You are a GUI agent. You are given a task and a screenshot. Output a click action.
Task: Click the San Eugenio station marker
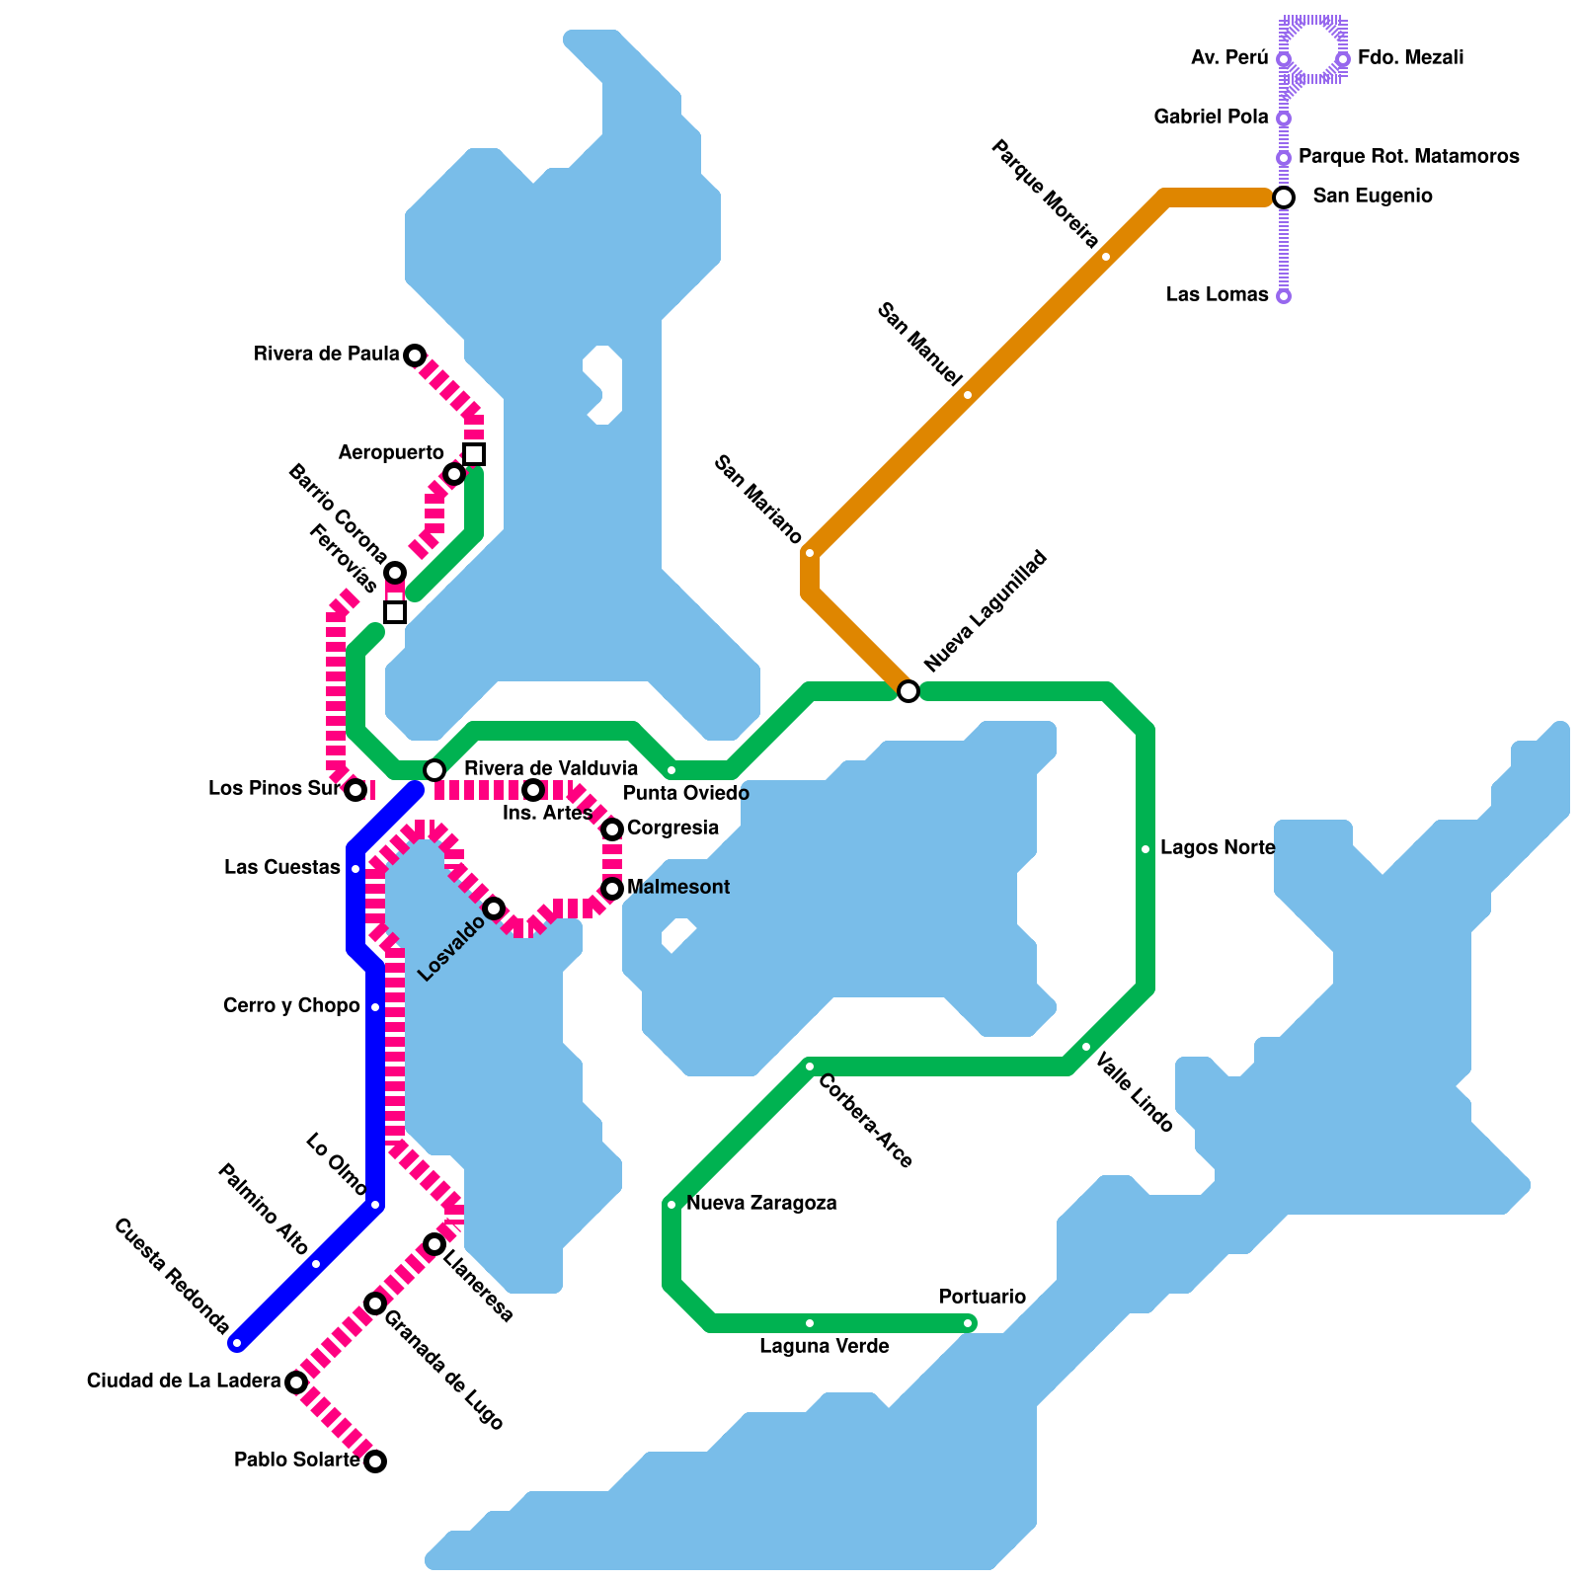click(x=1283, y=197)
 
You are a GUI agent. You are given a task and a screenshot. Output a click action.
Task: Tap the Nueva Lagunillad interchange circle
click(x=908, y=691)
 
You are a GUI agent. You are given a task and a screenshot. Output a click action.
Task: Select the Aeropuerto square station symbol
click(x=474, y=454)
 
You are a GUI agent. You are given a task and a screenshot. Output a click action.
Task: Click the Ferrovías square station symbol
click(x=395, y=612)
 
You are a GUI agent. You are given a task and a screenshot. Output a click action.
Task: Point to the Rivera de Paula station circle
click(x=415, y=355)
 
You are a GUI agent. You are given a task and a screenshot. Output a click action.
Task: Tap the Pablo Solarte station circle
click(x=375, y=1461)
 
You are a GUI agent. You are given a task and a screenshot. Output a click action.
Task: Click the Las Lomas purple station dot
click(x=1283, y=296)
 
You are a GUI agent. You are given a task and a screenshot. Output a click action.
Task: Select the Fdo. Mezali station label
click(x=1410, y=58)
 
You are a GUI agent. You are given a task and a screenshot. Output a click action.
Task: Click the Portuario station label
click(x=982, y=1297)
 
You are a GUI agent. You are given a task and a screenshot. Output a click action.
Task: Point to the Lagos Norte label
click(x=1217, y=848)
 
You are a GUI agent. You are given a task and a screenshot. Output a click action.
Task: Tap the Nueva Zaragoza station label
click(x=761, y=1204)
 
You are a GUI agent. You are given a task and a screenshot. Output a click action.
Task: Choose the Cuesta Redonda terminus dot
click(x=237, y=1343)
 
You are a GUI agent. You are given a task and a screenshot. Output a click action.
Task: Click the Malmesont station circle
click(x=612, y=889)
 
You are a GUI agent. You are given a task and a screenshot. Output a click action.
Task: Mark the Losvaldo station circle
click(x=494, y=908)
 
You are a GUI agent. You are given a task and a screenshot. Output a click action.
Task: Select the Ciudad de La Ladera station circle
click(x=296, y=1382)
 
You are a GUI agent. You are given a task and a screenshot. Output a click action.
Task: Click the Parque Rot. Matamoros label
click(x=1408, y=157)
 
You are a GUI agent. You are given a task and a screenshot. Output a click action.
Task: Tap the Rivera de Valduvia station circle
click(x=434, y=770)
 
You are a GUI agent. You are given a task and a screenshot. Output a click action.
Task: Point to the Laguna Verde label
click(x=824, y=1347)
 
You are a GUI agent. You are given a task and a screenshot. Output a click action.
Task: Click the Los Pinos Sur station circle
click(x=356, y=790)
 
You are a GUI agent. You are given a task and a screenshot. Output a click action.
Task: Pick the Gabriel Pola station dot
click(x=1283, y=118)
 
